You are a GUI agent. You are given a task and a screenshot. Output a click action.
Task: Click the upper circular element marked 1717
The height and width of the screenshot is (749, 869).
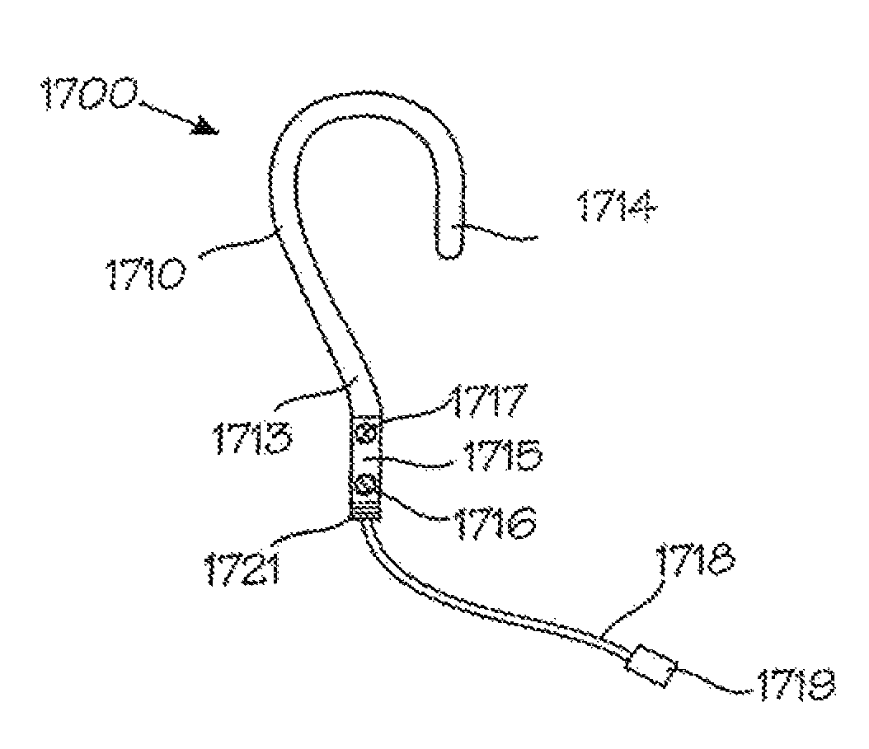362,429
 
